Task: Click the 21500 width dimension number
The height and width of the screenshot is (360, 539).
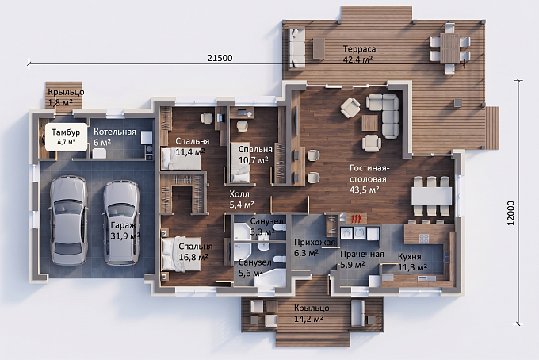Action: point(220,58)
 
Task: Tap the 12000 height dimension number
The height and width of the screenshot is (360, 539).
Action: point(510,213)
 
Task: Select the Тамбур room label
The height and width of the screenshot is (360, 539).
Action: point(66,132)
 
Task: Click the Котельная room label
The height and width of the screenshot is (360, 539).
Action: point(115,132)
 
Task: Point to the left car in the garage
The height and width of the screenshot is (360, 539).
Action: point(69,220)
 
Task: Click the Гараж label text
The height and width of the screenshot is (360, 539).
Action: point(124,225)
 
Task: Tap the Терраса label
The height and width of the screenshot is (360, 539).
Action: point(359,49)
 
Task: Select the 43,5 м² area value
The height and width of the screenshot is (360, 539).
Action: point(365,190)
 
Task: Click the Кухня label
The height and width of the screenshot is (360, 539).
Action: point(410,256)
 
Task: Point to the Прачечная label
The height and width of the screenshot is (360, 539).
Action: point(362,254)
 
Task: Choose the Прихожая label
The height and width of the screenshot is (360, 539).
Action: point(314,243)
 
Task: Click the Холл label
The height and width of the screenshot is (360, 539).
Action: point(239,194)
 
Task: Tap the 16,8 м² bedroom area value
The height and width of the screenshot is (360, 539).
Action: point(193,257)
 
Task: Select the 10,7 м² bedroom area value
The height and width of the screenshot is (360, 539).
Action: point(254,160)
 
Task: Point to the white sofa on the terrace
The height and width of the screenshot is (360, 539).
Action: point(296,48)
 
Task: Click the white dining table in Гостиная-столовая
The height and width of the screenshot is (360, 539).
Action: point(432,196)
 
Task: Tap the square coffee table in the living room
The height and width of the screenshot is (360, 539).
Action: point(369,123)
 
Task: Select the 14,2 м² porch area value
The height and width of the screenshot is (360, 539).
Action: point(308,319)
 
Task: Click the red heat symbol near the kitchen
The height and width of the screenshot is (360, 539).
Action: point(357,218)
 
